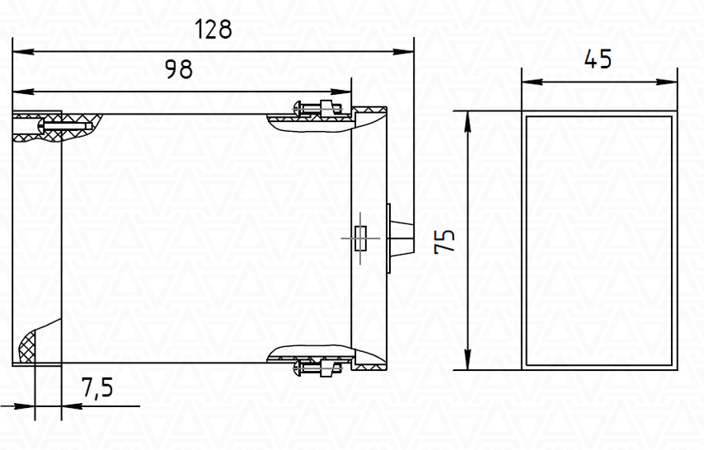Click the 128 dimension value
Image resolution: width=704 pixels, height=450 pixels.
(x=214, y=29)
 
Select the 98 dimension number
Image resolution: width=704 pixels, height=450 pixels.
(x=179, y=69)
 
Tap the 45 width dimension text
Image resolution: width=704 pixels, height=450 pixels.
(x=598, y=59)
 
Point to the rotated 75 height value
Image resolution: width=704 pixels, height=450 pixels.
(x=444, y=241)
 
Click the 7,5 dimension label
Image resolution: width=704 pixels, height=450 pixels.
(x=97, y=387)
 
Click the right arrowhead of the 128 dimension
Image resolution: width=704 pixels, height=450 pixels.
(x=403, y=52)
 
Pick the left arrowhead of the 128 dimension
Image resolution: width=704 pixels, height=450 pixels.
(x=23, y=52)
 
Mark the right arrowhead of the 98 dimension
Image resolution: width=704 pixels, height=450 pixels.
(x=340, y=91)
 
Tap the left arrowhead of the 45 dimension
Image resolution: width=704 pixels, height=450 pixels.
(x=533, y=82)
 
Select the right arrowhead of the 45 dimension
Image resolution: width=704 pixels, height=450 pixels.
(x=666, y=82)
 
